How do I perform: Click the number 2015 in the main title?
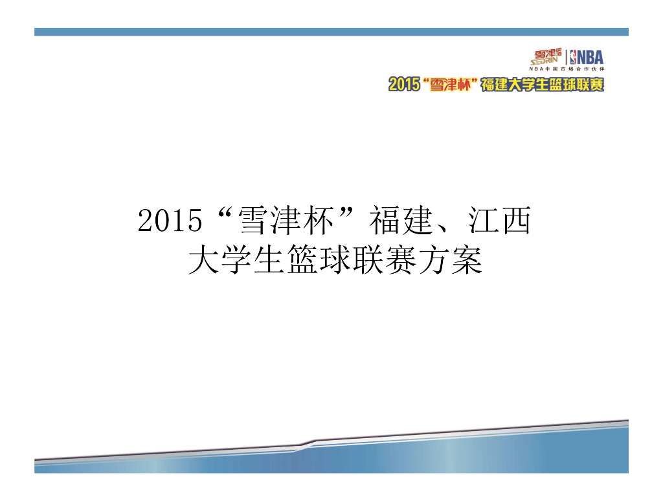(170, 223)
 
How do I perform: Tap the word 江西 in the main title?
(499, 222)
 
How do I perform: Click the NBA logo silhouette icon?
(574, 57)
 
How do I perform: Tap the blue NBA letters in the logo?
(591, 57)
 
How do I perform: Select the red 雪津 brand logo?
(545, 54)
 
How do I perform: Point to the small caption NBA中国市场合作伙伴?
(567, 69)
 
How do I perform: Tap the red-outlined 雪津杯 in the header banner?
(449, 84)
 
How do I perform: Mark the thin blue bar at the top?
(331, 32)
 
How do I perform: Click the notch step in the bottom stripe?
(308, 445)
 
